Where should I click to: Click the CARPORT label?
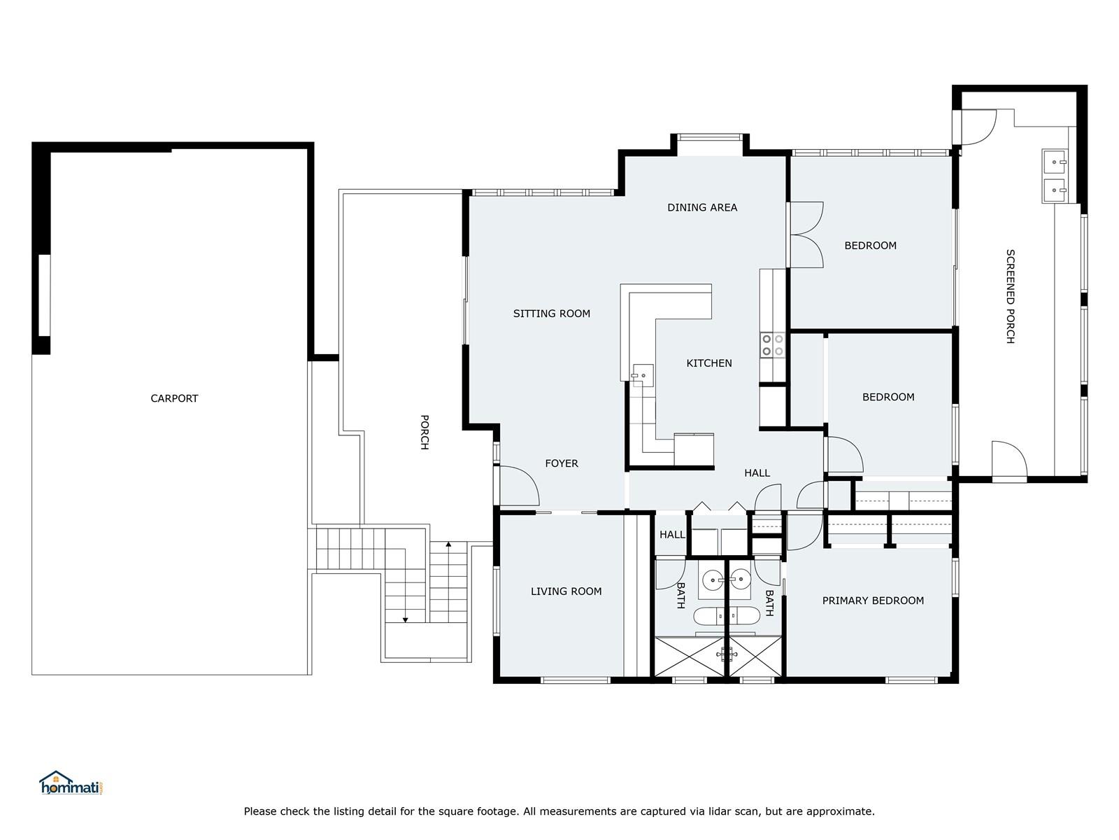pos(174,398)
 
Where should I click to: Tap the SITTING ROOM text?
pos(552,314)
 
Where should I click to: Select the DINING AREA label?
pos(702,208)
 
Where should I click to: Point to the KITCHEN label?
pos(708,363)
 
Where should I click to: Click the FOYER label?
pos(562,463)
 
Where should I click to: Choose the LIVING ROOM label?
pos(566,591)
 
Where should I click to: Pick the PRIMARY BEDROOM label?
pos(873,601)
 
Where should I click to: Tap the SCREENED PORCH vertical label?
pos(1010,296)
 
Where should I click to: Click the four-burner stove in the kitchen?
pos(772,345)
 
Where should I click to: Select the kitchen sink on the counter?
pos(643,375)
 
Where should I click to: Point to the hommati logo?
pos(71,783)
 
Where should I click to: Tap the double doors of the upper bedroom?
pos(806,234)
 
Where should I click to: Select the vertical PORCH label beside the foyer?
pos(424,432)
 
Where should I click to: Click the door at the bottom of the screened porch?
pos(1009,461)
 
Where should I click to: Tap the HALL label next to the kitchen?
pos(757,473)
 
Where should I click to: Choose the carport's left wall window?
pos(44,295)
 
